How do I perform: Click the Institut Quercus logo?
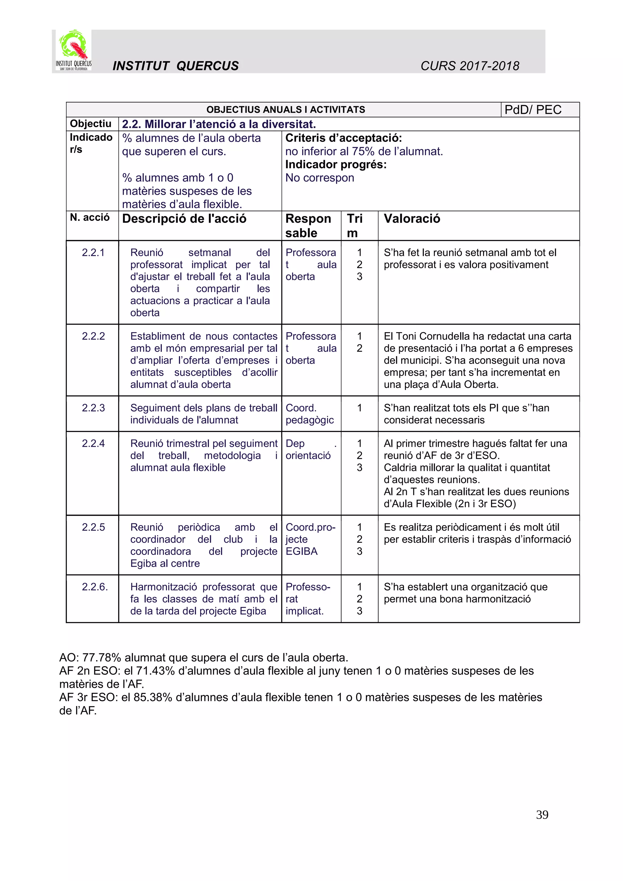[73, 50]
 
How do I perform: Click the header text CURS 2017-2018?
[470, 66]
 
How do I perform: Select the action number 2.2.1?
[93, 252]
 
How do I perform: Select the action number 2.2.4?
[93, 443]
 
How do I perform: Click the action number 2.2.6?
[94, 587]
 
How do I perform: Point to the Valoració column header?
[412, 219]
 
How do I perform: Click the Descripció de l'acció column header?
[184, 219]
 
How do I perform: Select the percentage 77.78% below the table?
[102, 657]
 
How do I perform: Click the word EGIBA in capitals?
[301, 552]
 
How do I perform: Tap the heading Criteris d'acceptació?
[343, 138]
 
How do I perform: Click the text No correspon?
[319, 178]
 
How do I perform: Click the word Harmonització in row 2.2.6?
[163, 587]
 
